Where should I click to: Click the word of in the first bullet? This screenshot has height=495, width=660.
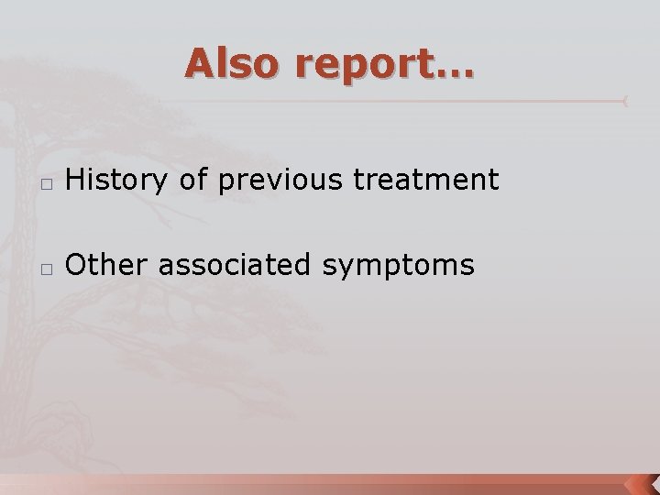point(192,181)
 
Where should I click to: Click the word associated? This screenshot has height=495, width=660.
point(235,265)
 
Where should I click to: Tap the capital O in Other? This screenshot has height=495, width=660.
point(75,265)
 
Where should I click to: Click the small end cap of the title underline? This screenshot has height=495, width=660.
point(626,99)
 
